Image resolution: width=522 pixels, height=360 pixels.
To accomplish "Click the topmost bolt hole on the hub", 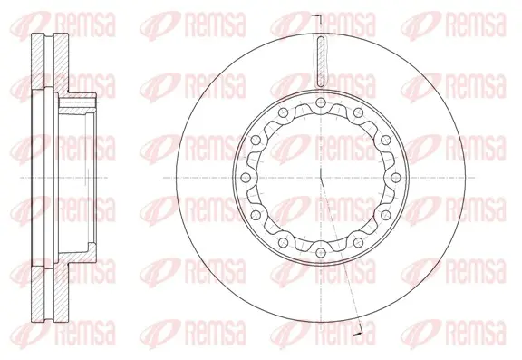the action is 320,102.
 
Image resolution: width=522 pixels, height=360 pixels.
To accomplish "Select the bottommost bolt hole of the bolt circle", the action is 320,253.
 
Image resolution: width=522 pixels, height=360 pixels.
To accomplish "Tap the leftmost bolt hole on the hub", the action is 245,178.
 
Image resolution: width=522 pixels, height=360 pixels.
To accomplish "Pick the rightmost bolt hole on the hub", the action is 395,178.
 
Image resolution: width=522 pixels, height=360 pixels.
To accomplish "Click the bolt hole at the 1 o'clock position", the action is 358,112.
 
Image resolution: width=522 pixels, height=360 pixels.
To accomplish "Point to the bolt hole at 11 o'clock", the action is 283,112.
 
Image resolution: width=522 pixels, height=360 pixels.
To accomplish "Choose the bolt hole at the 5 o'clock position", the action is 358,242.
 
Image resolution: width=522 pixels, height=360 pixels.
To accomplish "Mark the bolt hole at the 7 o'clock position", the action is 283,242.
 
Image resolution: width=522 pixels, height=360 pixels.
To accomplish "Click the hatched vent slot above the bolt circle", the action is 321,62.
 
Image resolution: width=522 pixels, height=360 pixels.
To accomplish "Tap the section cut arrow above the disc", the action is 318,19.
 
